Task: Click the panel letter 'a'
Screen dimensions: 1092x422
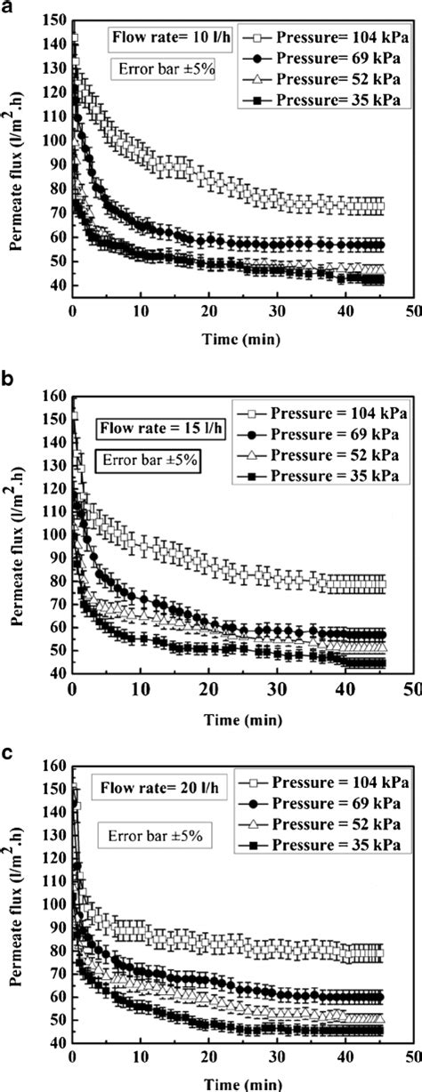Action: [x=7, y=9]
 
